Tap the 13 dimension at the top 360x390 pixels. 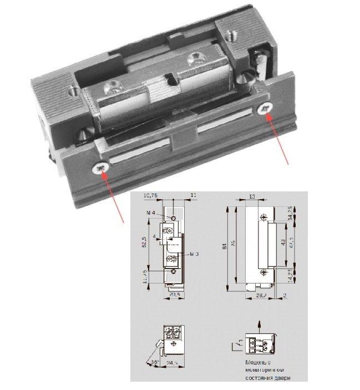[x=252, y=196]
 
